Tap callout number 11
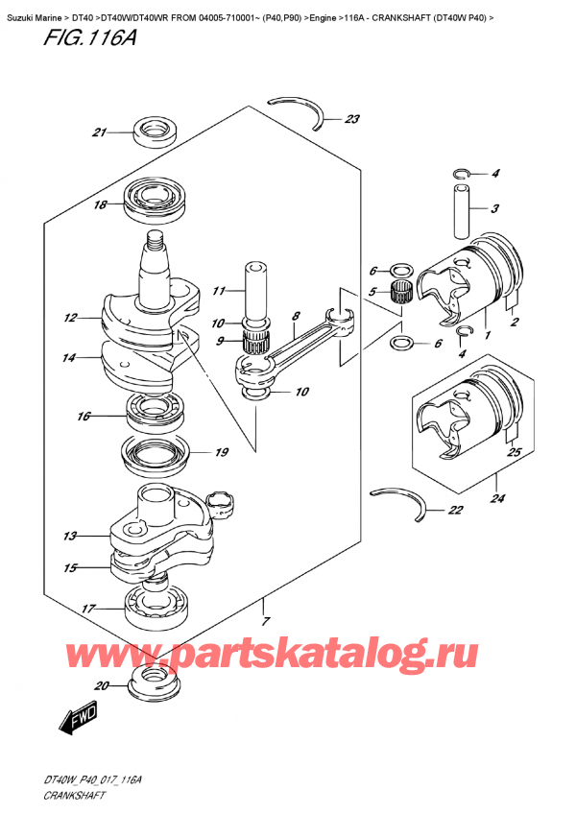(x=218, y=290)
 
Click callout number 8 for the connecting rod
(x=297, y=314)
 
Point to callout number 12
(x=69, y=318)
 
